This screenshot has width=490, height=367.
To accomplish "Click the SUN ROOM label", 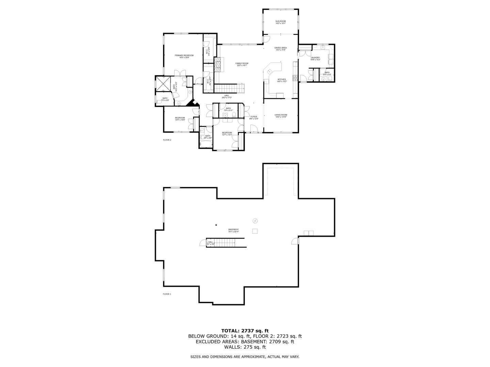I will tap(280, 22).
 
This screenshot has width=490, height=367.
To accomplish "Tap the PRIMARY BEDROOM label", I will tap(184, 56).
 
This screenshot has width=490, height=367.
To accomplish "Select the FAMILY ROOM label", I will tap(242, 64).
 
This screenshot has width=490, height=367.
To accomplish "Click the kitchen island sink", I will tap(269, 71).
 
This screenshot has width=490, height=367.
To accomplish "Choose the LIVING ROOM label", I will tap(281, 116).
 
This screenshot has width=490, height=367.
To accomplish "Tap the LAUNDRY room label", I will tap(315, 58).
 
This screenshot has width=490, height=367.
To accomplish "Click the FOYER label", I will tap(254, 118).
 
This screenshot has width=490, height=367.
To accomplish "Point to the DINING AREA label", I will tap(281, 49).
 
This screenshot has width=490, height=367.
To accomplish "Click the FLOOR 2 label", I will tap(167, 140).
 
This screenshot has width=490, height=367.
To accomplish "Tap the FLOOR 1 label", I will tap(167, 294).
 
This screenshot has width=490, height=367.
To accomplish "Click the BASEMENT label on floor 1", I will tap(233, 230).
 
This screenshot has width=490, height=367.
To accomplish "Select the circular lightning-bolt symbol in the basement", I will tap(255, 221).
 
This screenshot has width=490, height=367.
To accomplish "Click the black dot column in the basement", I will tap(216, 225).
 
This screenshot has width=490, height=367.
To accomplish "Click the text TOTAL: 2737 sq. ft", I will tap(245, 330).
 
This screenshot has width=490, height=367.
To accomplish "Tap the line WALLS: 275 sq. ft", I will tap(245, 347).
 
